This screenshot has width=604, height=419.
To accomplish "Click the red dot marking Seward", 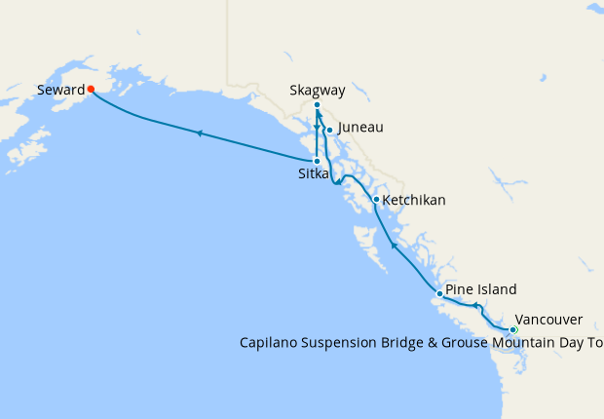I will [x=91, y=89].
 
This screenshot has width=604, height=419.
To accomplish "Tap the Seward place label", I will [x=61, y=90].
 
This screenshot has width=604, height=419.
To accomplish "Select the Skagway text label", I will [x=318, y=91].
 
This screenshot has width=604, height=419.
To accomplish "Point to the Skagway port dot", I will [x=318, y=104].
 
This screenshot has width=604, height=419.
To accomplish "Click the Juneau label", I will [x=359, y=128].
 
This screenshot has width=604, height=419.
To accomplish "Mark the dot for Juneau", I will [x=329, y=130].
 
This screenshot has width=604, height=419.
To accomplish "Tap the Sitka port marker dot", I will [x=317, y=161].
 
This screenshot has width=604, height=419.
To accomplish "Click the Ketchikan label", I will [x=414, y=200].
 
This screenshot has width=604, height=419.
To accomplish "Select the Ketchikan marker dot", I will [x=376, y=200].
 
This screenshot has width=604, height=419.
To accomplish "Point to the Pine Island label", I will [x=481, y=289].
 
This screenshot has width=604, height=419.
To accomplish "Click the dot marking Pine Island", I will [x=440, y=293].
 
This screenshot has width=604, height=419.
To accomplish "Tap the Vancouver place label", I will [x=548, y=320].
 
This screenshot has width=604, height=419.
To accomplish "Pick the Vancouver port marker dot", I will [x=513, y=330].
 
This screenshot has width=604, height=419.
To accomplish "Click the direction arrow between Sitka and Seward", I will [x=199, y=133].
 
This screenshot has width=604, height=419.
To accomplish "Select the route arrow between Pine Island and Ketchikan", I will [x=393, y=246].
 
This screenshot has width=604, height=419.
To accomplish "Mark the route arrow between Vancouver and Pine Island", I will [x=475, y=306].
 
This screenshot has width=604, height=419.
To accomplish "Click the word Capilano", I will [x=270, y=342].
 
